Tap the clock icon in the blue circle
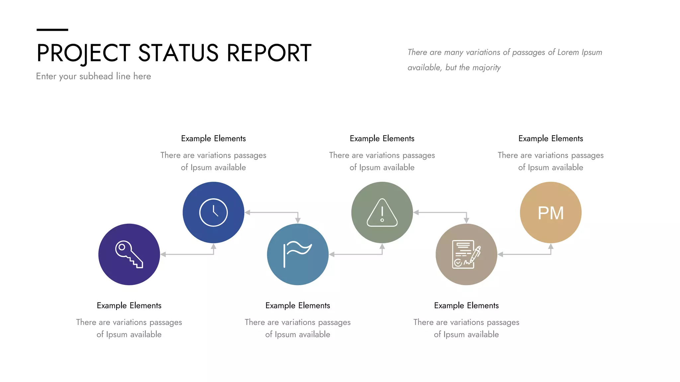click(213, 213)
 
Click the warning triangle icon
click(382, 213)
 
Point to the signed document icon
click(466, 254)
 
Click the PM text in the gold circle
click(551, 213)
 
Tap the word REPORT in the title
click(269, 53)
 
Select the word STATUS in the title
click(178, 53)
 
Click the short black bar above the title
click(52, 30)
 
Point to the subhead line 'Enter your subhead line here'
click(94, 76)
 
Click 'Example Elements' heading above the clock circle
click(213, 139)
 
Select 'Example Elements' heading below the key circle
click(129, 305)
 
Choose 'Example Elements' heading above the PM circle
click(551, 139)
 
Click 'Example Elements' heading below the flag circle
click(297, 305)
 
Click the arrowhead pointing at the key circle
click(163, 254)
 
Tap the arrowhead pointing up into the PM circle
click(551, 246)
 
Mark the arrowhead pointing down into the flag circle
click(298, 221)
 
